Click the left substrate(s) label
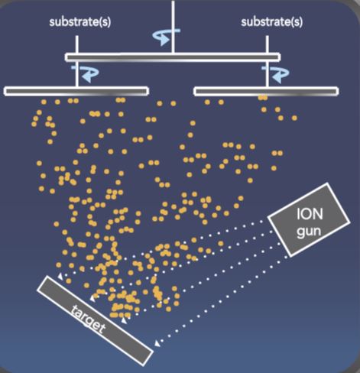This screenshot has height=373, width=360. coord(80,22)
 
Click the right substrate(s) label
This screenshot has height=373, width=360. coord(272,22)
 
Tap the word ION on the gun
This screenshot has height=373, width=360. coord(310,214)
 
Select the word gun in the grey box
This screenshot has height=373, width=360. coord(309,232)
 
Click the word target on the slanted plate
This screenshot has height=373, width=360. coord(88,319)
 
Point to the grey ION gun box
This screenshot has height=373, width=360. coord(309,219)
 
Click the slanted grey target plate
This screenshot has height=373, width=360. coord(95,321)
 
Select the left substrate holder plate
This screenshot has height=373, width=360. coord(76,91)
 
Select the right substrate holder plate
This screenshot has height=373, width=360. coord(266,91)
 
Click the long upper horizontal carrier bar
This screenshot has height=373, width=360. coord(173,57)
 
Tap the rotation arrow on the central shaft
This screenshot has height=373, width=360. coord(166,36)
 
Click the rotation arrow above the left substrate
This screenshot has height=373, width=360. coord(86,73)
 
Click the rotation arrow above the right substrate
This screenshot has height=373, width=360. coord(276,73)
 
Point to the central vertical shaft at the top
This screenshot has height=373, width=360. coord(173,27)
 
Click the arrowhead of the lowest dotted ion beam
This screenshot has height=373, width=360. coord(157,344)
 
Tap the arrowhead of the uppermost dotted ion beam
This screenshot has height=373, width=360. coord(60,276)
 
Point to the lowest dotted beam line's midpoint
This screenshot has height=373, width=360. coord(222,300)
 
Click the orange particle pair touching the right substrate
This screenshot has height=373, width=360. coord(262,98)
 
